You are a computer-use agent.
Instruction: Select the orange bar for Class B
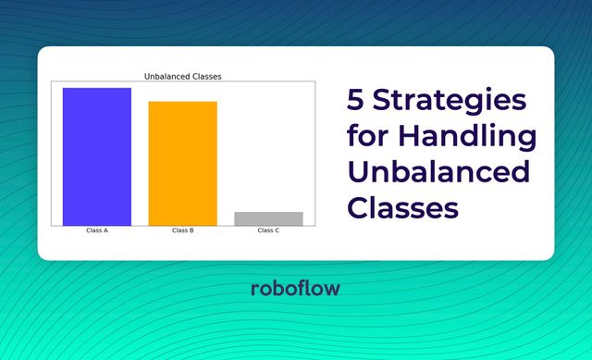click(x=182, y=163)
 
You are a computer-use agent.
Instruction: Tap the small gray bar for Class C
click(x=268, y=218)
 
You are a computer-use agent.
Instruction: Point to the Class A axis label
click(x=97, y=230)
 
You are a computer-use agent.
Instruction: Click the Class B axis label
click(x=182, y=230)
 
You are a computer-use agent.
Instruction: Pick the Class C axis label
click(x=268, y=230)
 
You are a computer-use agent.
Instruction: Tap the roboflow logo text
click(x=295, y=289)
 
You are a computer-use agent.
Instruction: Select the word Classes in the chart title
click(x=209, y=76)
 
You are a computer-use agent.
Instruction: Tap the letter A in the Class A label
click(x=106, y=230)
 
